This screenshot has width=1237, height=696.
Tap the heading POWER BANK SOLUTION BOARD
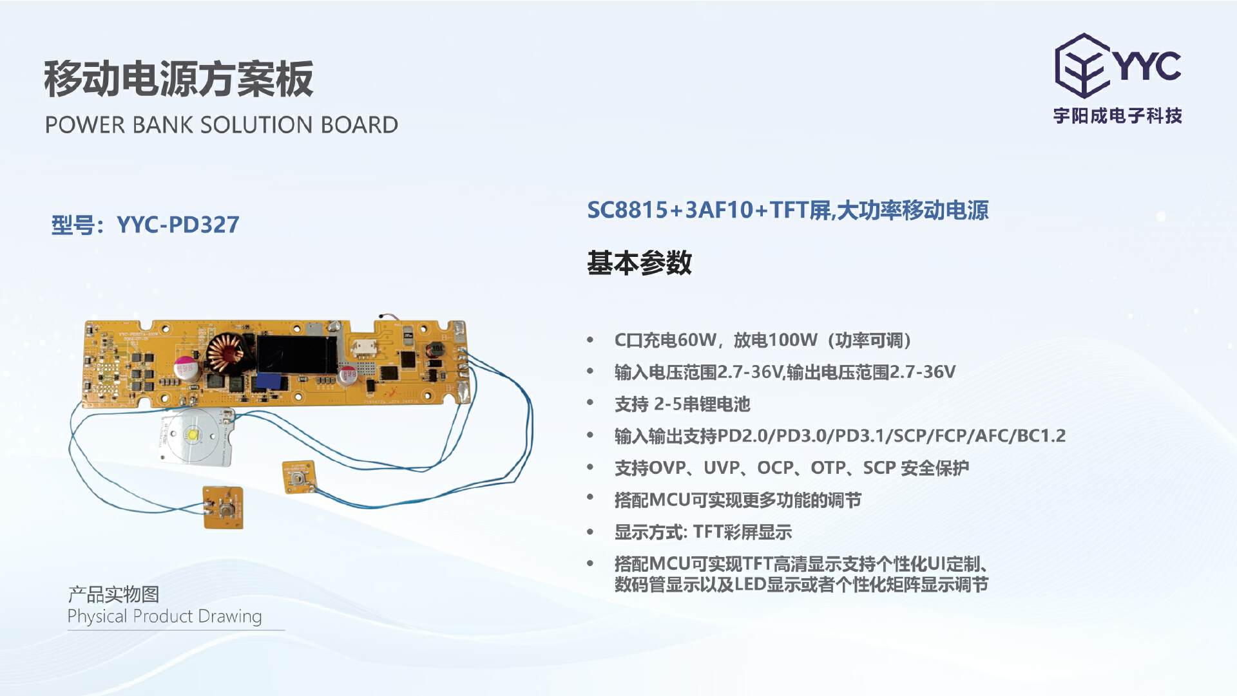coord(222,124)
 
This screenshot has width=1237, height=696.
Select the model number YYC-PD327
coord(178,225)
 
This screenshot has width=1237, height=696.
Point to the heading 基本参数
coord(639,263)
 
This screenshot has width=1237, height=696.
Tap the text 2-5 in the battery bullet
coord(667,404)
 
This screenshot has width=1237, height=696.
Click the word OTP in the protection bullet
coord(827,468)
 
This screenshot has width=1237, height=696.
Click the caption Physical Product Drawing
coord(164,617)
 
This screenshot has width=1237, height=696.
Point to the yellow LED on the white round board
coord(193,435)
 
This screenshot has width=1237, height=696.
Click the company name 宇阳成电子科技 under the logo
coord(1118,116)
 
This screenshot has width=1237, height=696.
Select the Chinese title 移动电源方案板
coord(178,79)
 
